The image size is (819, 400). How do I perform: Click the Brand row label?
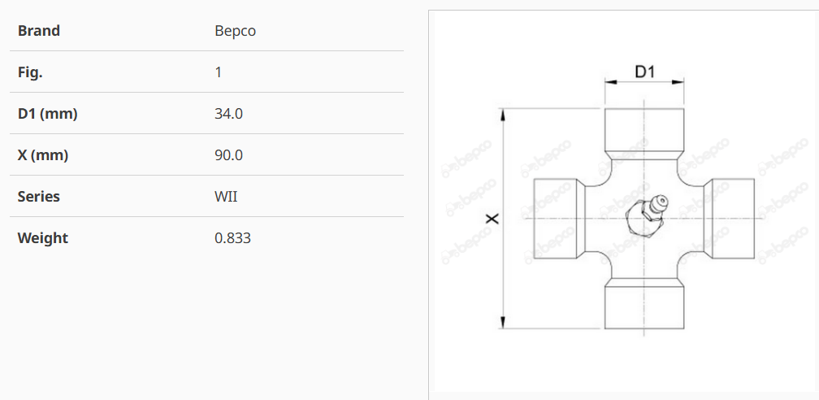(x=39, y=31)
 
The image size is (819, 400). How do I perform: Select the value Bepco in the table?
(x=236, y=31)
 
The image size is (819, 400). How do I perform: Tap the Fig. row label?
(x=30, y=72)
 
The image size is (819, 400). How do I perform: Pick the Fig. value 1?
(x=219, y=72)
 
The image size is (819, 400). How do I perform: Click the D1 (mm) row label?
(x=47, y=114)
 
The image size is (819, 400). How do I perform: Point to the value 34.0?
(x=228, y=114)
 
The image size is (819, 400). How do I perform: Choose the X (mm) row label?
(x=43, y=155)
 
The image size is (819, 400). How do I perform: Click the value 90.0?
(x=228, y=155)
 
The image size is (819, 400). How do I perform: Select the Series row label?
(x=39, y=197)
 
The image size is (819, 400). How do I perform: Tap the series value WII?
(x=226, y=197)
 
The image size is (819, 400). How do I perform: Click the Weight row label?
(x=43, y=238)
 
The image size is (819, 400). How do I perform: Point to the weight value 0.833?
(x=232, y=238)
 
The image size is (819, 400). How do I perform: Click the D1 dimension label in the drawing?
(x=645, y=72)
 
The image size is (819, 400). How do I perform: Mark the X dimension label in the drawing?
(x=492, y=219)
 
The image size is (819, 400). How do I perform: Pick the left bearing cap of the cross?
(x=557, y=219)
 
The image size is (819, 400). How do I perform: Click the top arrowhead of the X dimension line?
(x=505, y=114)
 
